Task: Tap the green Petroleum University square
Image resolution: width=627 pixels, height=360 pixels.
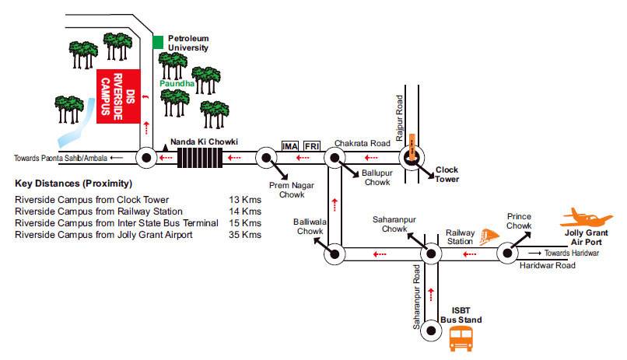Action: pyautogui.click(x=158, y=40)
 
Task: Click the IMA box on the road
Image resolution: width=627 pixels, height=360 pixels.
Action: pyautogui.click(x=289, y=145)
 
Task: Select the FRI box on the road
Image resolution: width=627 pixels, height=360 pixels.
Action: pyautogui.click(x=312, y=145)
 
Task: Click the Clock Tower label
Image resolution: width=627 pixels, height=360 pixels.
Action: pyautogui.click(x=447, y=174)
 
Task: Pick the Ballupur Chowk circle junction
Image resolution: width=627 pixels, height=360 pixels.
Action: pyautogui.click(x=334, y=158)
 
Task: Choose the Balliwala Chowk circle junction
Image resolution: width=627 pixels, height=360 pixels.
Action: pyautogui.click(x=334, y=253)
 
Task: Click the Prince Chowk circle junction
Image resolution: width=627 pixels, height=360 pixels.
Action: pyautogui.click(x=506, y=253)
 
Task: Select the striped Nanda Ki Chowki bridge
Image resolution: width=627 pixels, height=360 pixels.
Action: pyautogui.click(x=200, y=158)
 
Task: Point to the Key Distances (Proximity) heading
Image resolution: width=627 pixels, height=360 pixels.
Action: pyautogui.click(x=73, y=184)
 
